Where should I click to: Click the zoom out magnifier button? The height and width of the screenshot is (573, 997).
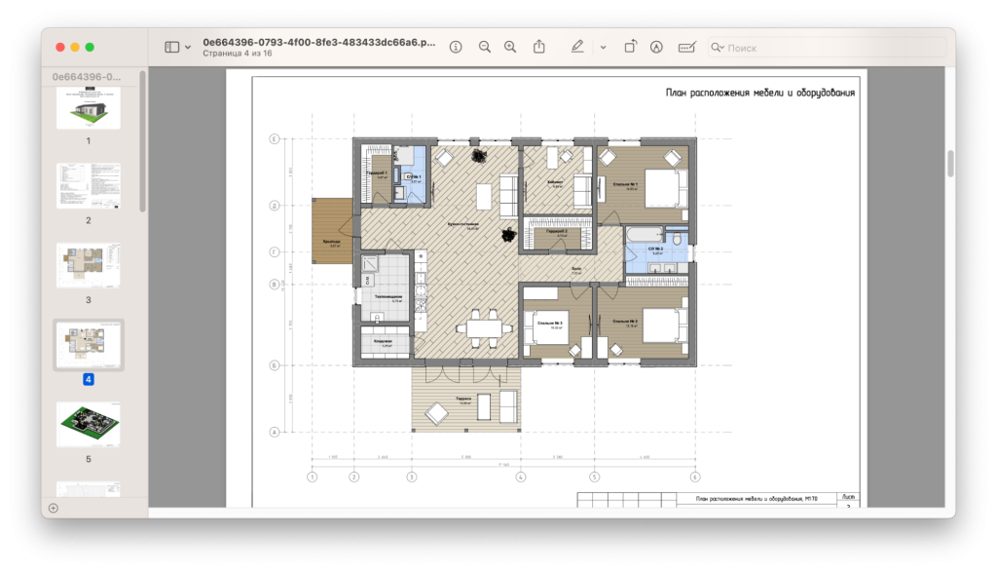pos(484,47)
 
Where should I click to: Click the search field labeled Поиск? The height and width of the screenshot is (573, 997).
pos(828,47)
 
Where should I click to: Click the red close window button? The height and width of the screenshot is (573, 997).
pos(59,47)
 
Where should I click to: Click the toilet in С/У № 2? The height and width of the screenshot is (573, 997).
pos(677,237)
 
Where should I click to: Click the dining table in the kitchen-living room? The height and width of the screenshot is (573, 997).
pos(484,326)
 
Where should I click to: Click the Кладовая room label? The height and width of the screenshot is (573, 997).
pos(384,342)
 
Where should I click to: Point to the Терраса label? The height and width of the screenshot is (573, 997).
pos(465,400)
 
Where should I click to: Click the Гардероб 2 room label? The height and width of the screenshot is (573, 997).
pos(557,232)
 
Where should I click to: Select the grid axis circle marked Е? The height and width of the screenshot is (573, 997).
pos(275,139)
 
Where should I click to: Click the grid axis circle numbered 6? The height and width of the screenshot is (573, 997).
pos(694,477)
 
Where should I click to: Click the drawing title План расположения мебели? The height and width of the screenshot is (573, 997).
pos(760,94)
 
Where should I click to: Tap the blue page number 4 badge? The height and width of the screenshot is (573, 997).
pos(89,379)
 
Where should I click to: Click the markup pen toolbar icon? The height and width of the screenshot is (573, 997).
pos(577,47)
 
